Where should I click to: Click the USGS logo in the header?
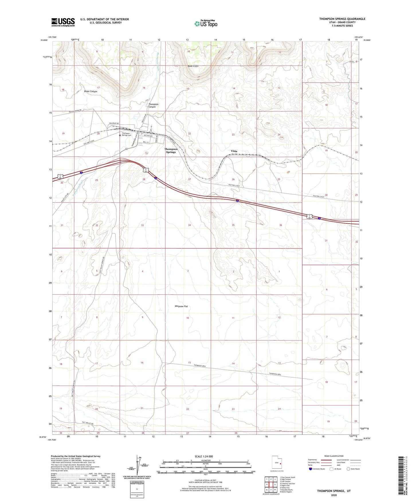coord(63,22)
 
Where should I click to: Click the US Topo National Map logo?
coord(206,24)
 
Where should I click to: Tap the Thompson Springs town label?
coord(171,151)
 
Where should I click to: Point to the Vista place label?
coord(234,151)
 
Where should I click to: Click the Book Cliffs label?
coord(193,66)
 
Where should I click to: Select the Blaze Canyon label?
coord(91,91)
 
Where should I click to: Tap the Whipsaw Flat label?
coord(181,306)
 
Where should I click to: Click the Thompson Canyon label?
coord(153,106)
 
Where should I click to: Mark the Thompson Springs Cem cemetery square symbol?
coord(120,136)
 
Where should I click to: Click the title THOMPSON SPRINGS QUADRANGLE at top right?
coord(342,19)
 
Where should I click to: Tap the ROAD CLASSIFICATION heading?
coord(334,456)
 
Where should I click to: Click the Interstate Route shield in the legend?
coord(310,469)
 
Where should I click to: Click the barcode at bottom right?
coord(402,476)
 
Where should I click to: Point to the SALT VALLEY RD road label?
coord(88,423)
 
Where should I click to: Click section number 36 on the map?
coord(280,225)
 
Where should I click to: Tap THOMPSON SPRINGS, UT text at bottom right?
coord(334,491)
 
